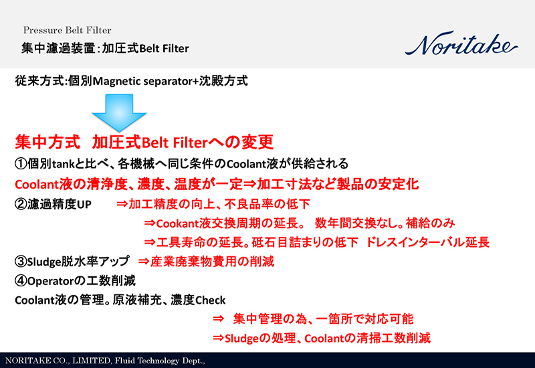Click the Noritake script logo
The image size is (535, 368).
click(461, 45)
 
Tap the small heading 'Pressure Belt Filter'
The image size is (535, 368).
click(67, 31)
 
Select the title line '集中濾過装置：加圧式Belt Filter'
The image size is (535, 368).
click(105, 48)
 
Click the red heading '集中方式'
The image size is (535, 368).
click(47, 143)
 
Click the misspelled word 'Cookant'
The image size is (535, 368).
click(179, 223)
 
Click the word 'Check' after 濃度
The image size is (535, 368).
click(210, 300)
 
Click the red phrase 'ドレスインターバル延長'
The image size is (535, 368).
click(428, 242)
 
